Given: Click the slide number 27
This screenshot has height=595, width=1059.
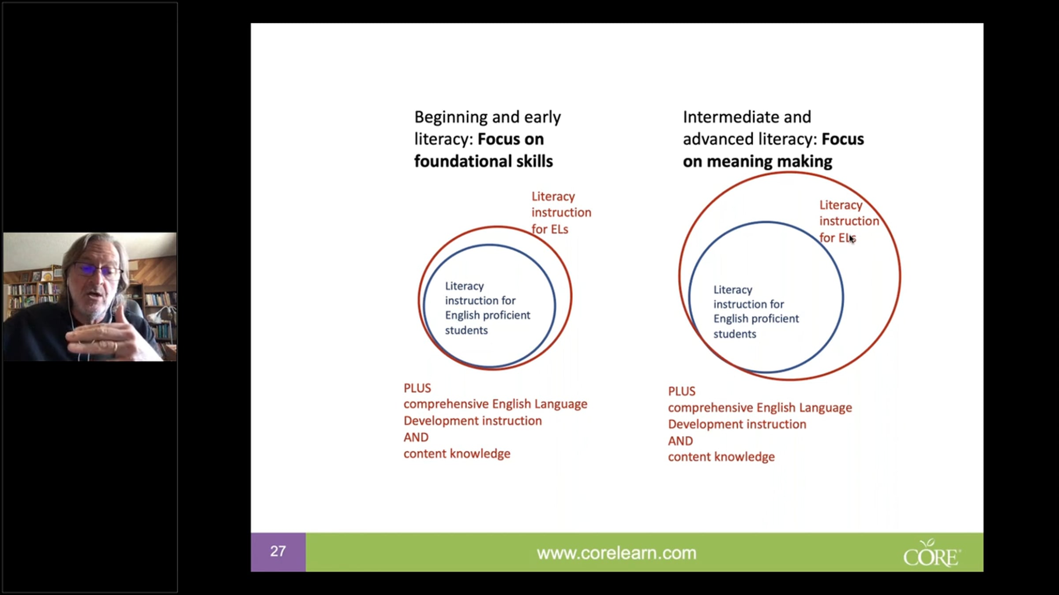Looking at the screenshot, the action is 278,551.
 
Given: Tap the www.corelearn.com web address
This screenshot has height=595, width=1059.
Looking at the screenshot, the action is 616,553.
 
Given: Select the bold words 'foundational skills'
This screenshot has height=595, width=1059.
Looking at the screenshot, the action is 483,161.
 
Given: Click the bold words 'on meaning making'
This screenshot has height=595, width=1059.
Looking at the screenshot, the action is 757,161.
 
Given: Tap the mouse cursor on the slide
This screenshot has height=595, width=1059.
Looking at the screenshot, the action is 852,238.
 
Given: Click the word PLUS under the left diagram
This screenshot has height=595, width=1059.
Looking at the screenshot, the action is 417,388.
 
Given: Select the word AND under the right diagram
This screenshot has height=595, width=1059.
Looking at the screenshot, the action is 680,441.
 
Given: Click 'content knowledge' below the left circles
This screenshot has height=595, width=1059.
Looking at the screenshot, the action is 457,454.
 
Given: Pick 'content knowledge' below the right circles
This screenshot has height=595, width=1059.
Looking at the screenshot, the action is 721,457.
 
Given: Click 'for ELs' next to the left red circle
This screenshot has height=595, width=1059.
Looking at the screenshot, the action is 550,229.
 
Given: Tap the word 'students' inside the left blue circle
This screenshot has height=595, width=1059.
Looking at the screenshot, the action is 466,330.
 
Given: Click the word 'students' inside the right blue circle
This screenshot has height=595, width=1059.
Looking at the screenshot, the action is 735,334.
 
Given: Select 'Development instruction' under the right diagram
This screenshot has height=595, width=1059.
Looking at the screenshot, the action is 737,424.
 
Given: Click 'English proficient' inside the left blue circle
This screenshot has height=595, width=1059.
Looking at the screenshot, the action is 488,315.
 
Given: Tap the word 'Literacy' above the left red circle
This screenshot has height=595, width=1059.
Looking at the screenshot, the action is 553,197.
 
